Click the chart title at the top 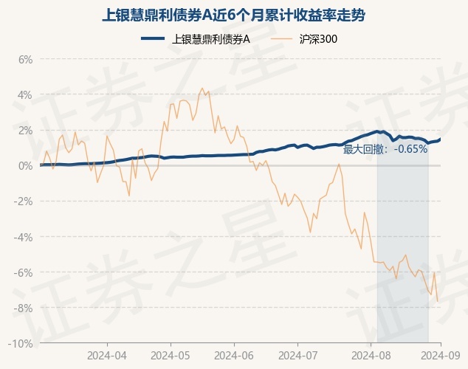point(233,14)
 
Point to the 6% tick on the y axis point(25,59)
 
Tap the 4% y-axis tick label point(25,94)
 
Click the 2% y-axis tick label point(25,130)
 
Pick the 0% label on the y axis point(25,165)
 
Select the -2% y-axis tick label point(24,201)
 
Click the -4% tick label point(24,237)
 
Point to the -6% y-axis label point(24,272)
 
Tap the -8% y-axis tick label point(24,308)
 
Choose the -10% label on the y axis point(21,344)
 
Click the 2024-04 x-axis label point(106,355)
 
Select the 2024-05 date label point(170,355)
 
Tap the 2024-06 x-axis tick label point(234,355)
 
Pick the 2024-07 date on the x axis point(297,355)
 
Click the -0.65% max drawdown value point(411,149)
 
